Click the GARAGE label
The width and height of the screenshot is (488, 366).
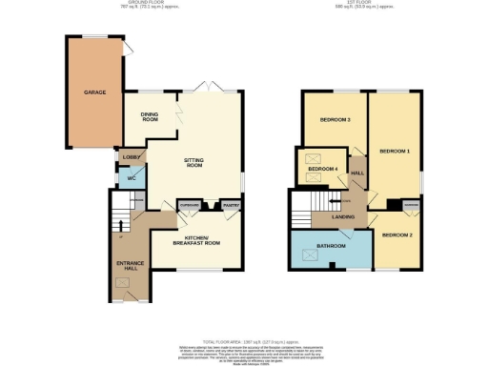click(93, 92)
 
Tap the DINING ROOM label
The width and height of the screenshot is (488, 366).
click(150, 116)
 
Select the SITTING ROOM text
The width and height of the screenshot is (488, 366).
click(194, 162)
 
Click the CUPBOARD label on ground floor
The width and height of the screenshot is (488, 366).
click(191, 206)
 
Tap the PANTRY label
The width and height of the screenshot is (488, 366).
click(229, 206)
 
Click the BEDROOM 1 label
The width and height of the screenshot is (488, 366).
click(394, 152)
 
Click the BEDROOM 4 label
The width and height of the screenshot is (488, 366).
click(321, 170)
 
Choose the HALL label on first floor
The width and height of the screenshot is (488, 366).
click(357, 173)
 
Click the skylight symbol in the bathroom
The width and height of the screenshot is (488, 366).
click(308, 254)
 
